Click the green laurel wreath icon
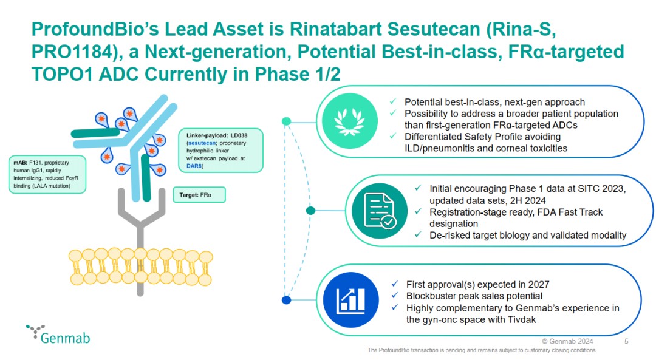click(x=350, y=121)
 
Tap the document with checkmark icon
click(x=380, y=211)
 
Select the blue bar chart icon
click(x=350, y=300)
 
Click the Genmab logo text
click(x=65, y=338)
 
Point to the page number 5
click(x=626, y=341)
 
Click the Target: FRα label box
click(x=199, y=195)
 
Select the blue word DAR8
click(x=194, y=166)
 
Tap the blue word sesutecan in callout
click(x=202, y=143)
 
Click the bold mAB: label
click(x=20, y=163)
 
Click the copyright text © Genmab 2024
click(x=567, y=341)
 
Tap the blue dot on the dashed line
click(x=287, y=300)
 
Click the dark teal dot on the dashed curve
click(x=310, y=210)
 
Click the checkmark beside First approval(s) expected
click(x=395, y=284)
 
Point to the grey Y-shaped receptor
click(x=141, y=226)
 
